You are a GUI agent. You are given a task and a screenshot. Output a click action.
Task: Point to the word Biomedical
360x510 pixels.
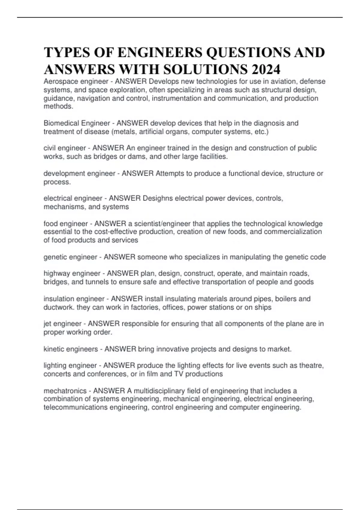[61, 123]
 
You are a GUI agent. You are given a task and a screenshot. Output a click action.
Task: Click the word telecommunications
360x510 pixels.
[75, 407]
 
